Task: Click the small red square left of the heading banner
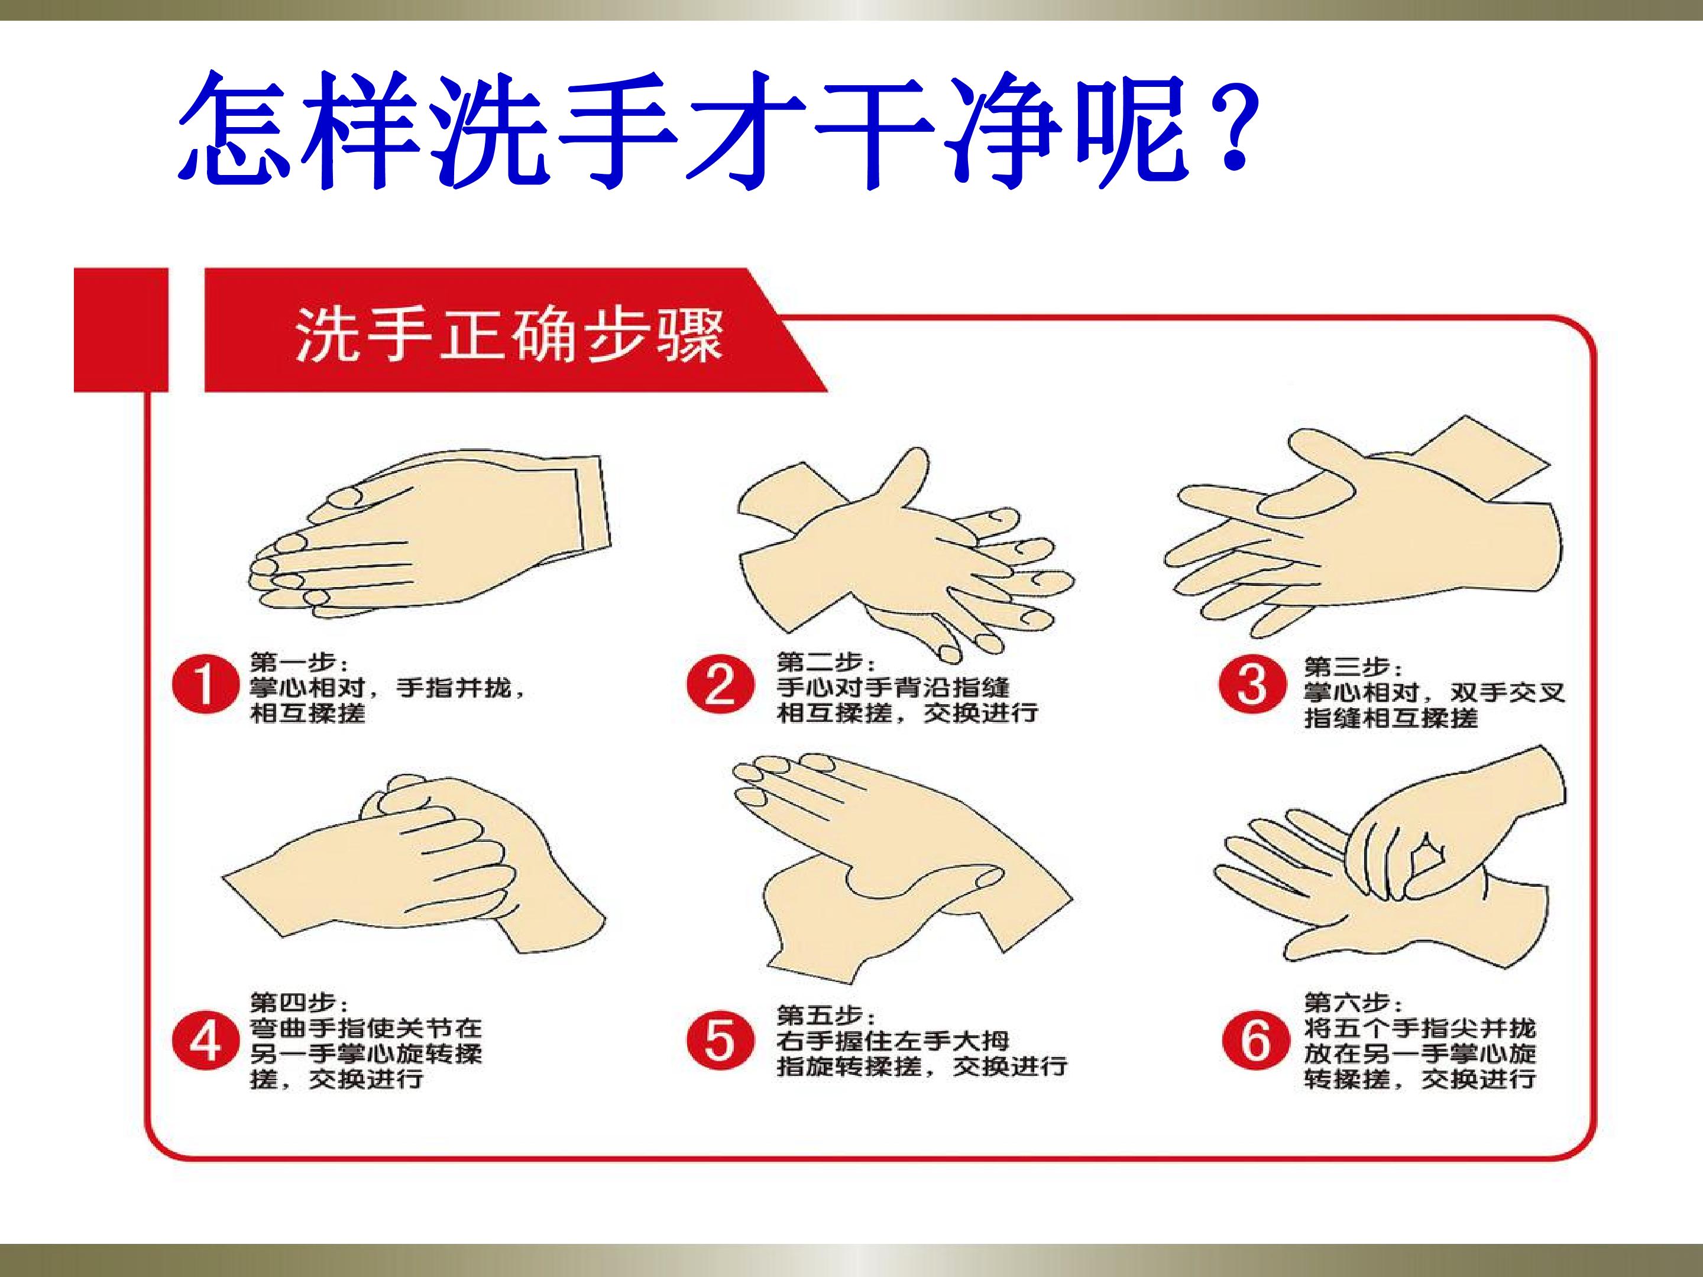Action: point(121,329)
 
